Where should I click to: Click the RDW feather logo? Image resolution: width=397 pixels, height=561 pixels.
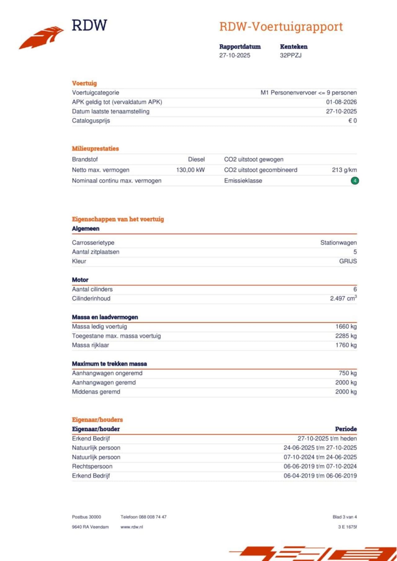pos(41,37)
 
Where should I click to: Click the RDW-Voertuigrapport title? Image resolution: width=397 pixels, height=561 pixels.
pos(281,27)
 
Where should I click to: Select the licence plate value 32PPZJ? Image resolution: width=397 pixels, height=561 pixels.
pos(291,55)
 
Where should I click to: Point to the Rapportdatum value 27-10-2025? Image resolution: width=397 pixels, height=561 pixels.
pos(234,55)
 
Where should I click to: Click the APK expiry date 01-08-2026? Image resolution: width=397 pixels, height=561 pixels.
pos(341,102)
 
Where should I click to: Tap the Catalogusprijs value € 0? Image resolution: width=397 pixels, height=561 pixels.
pos(352,121)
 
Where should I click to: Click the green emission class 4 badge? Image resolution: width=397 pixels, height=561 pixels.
pos(355,180)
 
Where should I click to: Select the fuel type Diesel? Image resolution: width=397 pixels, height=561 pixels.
pos(196,159)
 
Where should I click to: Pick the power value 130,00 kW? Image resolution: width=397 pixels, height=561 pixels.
pos(190,170)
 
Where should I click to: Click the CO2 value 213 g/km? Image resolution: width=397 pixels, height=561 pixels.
pos(344,170)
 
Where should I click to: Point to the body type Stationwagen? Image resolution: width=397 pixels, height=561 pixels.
pos(338,243)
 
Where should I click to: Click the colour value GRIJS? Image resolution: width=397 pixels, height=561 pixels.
pos(348,261)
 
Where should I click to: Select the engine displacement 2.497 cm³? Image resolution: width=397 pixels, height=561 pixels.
pos(343,298)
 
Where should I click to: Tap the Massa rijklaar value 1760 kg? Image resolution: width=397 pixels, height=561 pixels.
pos(346,345)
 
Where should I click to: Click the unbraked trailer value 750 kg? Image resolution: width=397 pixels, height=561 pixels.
pos(348,373)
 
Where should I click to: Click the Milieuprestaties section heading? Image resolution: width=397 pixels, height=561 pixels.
pos(95,149)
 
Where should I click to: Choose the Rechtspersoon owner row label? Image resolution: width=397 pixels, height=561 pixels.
pos(92,467)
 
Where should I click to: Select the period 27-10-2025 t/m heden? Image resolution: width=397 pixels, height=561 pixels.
pos(327,438)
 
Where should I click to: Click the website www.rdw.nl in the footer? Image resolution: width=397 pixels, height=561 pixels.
pos(132,527)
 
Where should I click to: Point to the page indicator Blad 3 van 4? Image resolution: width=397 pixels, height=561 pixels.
pos(345,517)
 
